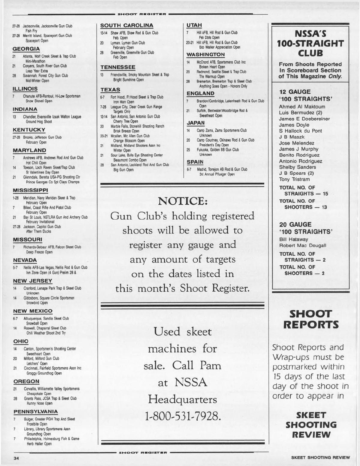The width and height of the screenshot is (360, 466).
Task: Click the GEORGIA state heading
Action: coord(26,49)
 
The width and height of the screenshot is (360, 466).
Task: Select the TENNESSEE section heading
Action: coord(118,67)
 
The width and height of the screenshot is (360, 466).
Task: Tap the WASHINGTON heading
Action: coord(205,55)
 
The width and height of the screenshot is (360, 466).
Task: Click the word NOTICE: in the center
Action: coord(183,201)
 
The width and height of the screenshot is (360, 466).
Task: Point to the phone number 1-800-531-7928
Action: coord(183,416)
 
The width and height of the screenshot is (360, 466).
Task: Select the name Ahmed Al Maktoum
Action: coord(302,107)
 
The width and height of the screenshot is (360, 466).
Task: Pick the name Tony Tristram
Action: coord(294,179)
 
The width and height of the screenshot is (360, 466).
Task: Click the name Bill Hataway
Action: coord(293,239)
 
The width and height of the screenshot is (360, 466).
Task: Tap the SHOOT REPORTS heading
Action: coord(311,319)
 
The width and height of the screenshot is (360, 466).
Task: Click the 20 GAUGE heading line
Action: coord(295,224)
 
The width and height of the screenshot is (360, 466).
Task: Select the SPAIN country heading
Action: coord(195,162)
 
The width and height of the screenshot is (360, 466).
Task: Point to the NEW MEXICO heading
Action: coord(33,311)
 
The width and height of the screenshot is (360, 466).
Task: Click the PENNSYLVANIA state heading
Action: coord(36,411)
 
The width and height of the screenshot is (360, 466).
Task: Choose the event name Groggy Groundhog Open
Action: coord(44,373)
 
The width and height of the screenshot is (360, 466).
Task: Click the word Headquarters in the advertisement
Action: coord(182,399)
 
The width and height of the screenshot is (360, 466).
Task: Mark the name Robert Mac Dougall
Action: coord(302,245)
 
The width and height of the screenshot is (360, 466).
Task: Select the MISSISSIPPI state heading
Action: coord(31,190)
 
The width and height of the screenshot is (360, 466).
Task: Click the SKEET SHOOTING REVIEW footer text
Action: coord(320,458)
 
